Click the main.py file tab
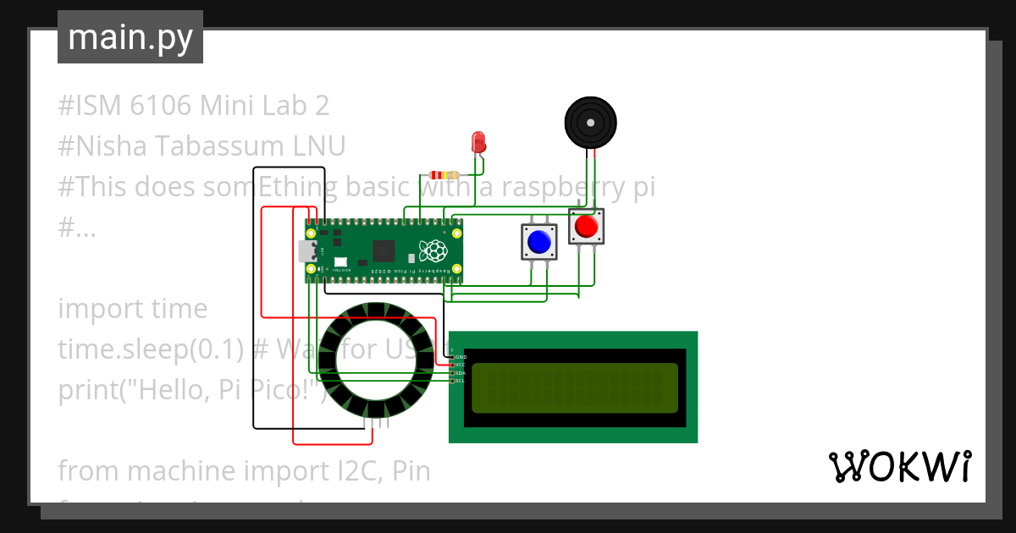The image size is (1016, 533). coord(130,37)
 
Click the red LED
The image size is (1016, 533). coord(478,141)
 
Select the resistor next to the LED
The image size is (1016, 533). coord(444,175)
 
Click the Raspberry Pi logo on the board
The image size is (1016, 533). coord(433,250)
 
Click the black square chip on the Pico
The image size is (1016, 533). coord(384,250)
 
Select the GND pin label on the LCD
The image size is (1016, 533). coord(461,357)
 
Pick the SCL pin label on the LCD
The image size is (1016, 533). coord(460,381)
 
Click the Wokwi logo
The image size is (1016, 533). coord(899,467)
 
